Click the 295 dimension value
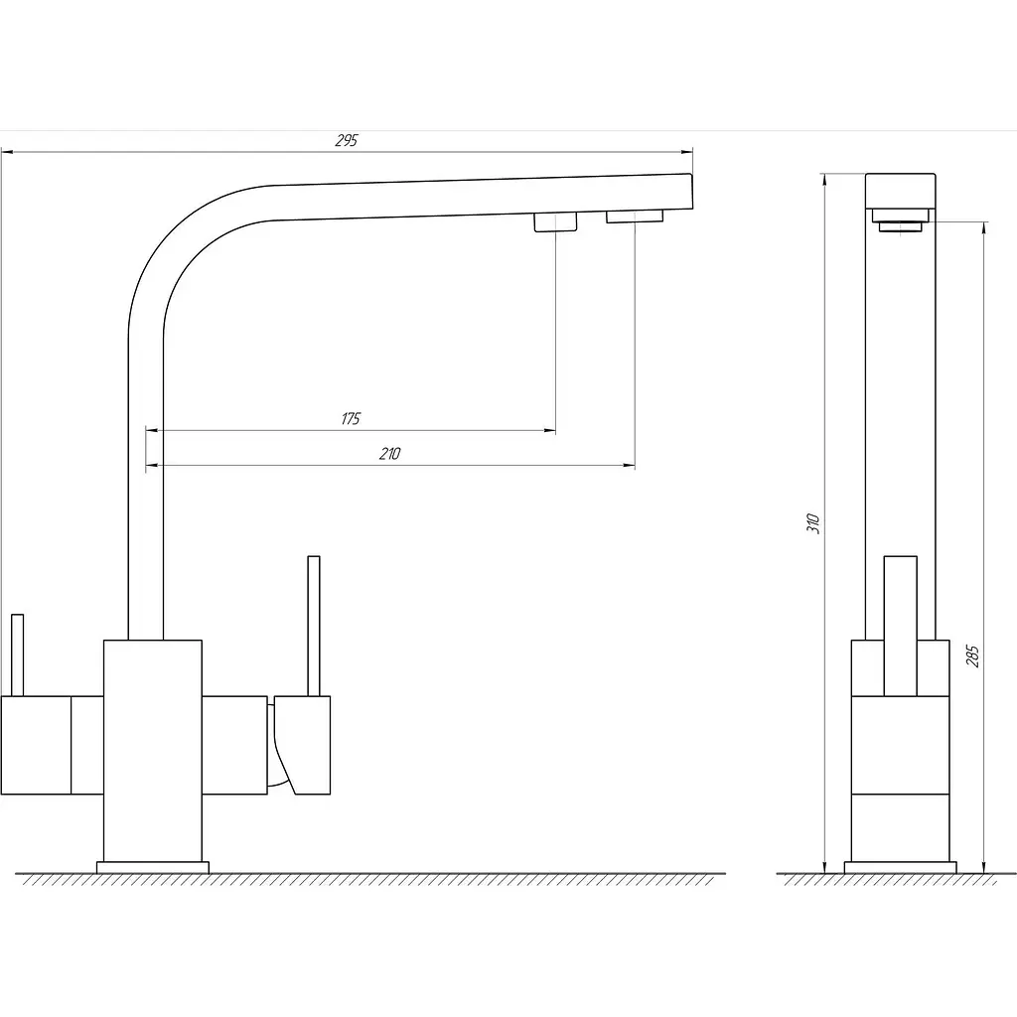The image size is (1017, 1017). [x=347, y=140]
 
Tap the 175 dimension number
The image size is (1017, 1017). [x=351, y=419]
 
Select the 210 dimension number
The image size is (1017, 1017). [x=389, y=454]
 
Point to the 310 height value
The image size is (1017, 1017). [x=813, y=522]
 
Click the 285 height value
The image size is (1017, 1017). [x=972, y=655]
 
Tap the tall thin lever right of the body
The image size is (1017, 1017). [x=314, y=626]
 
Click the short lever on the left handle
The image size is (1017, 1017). [x=18, y=655]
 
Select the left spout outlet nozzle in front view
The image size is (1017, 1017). [x=555, y=221]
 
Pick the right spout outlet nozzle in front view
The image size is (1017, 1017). [x=635, y=216]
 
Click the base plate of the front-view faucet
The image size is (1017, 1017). [x=153, y=868]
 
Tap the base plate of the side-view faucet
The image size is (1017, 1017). [x=900, y=868]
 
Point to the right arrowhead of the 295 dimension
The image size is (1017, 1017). [x=686, y=152]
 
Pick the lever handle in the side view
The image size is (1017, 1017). [x=900, y=626]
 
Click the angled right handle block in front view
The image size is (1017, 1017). [x=303, y=745]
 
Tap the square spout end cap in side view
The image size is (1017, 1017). [x=900, y=191]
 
